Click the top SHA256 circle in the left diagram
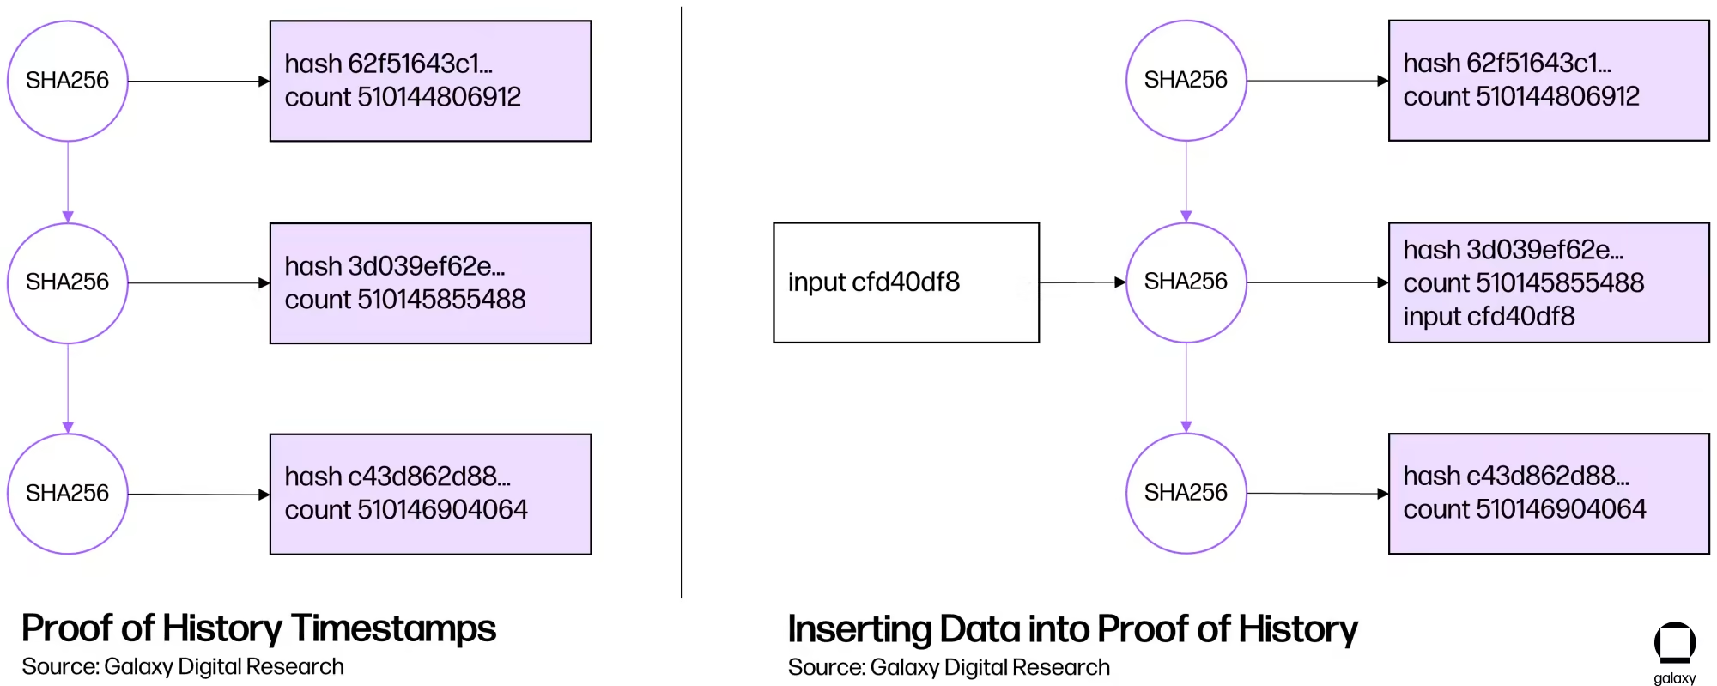point(68,81)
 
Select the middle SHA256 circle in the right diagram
point(1186,282)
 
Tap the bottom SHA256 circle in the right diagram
point(1186,493)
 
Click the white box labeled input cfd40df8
point(906,282)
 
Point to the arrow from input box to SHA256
point(1082,282)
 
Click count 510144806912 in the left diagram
point(403,97)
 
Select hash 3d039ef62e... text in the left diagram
point(394,266)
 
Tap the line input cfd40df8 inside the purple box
point(1489,317)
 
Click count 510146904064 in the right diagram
point(1524,509)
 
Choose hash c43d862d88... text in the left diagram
point(397,477)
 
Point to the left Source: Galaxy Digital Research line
point(182,667)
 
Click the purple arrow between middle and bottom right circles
point(1186,386)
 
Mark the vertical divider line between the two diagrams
point(681,301)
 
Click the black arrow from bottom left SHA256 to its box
point(197,495)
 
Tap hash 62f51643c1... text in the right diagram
point(1507,64)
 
